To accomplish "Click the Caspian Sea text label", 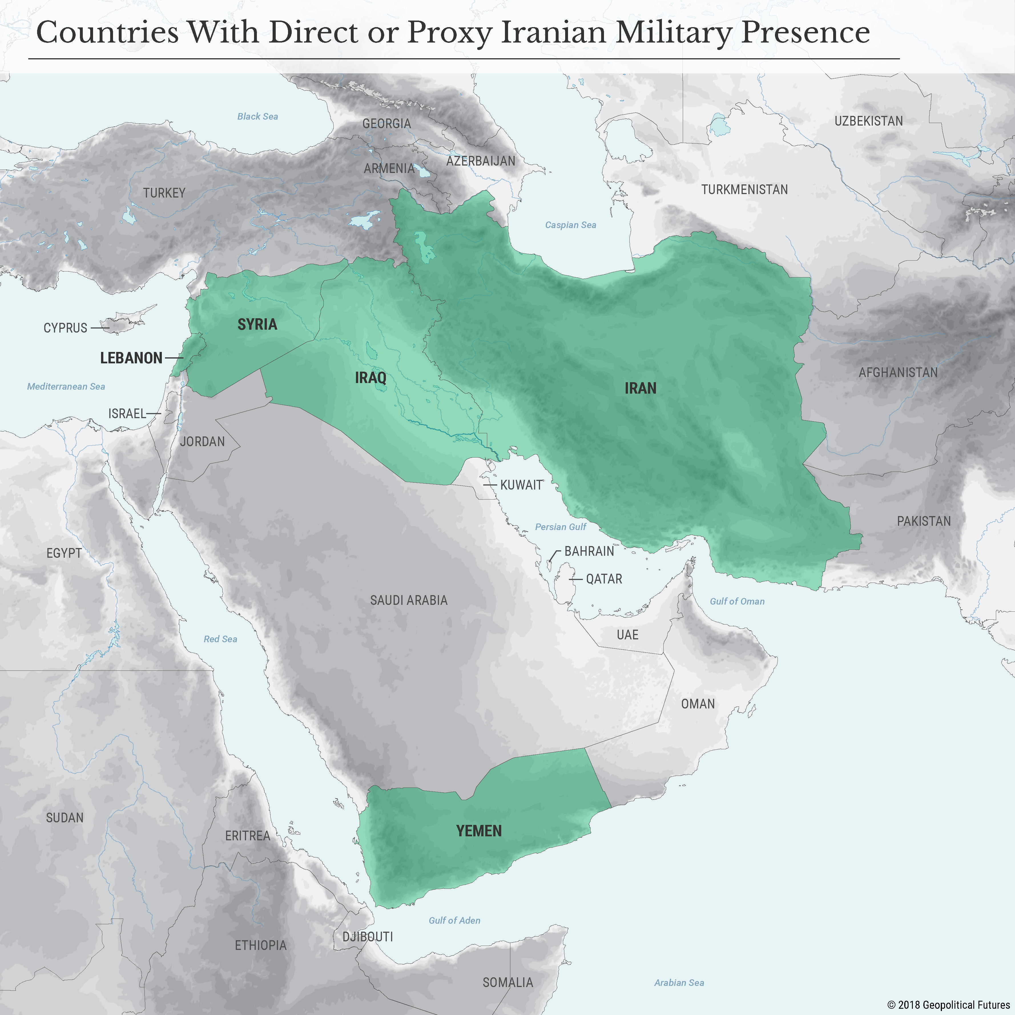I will pos(571,225).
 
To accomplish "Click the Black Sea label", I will pos(257,116).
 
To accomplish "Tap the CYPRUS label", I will pos(65,328).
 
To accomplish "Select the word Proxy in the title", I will pos(449,33).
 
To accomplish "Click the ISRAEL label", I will pos(127,414).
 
